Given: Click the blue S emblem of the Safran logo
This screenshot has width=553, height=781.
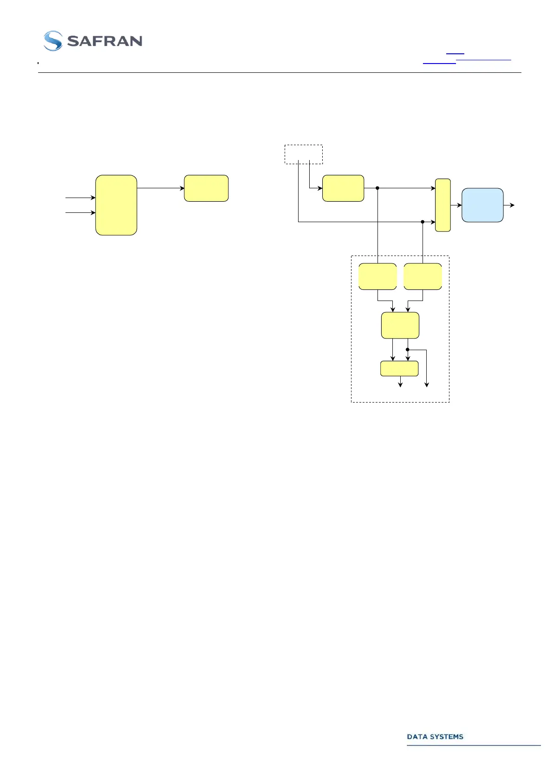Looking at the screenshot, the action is [53, 41].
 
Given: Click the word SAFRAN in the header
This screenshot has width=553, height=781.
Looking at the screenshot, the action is [104, 41].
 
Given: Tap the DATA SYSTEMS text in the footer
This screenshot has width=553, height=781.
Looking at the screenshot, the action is [435, 736].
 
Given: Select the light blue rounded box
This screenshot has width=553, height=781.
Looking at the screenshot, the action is [482, 205].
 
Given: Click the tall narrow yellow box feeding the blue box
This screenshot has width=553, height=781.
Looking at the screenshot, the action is [442, 205].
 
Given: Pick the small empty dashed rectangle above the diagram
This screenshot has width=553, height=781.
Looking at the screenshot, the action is [303, 154].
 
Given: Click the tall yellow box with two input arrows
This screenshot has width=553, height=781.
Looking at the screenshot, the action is [116, 205].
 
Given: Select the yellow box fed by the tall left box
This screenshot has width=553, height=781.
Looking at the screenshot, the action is [206, 188].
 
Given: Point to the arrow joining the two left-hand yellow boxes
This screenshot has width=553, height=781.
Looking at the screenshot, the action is [160, 188].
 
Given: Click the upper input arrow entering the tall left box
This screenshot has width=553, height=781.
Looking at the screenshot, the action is [80, 198].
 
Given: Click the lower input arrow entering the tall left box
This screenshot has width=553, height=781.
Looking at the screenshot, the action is [80, 213].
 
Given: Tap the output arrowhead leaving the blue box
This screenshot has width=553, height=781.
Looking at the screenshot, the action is [512, 205].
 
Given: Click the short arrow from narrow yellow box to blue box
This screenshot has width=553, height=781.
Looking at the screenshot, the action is [456, 205].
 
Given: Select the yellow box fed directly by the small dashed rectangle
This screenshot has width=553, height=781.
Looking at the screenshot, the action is [343, 188].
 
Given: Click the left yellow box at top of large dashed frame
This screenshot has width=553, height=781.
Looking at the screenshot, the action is [377, 276].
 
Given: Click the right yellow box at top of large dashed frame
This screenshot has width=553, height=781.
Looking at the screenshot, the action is [423, 276].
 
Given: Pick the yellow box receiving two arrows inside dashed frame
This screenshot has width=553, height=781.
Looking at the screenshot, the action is [400, 326].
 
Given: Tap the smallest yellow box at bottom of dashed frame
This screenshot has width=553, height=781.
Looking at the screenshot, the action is [399, 368].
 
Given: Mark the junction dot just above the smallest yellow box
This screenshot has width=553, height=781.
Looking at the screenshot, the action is [408, 350].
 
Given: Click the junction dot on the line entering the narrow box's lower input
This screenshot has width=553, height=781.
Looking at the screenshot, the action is [423, 222].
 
